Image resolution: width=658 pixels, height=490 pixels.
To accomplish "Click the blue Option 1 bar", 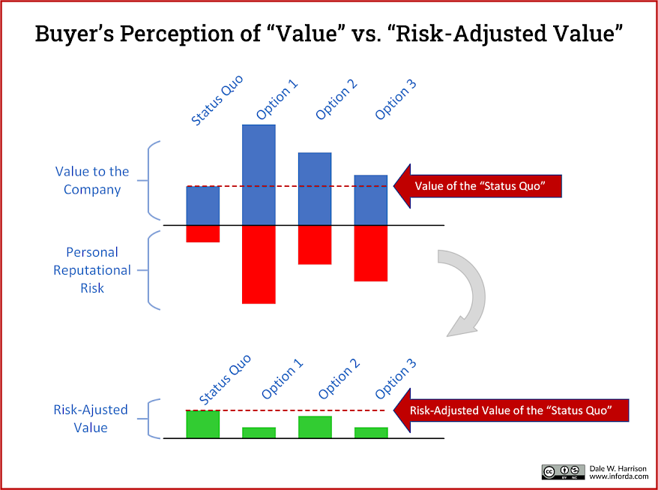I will click(259, 174).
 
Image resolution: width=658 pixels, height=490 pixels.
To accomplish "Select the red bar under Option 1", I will click(259, 264).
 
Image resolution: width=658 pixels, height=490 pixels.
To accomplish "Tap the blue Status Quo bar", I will click(203, 206).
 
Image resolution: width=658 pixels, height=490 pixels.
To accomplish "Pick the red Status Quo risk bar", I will click(203, 233).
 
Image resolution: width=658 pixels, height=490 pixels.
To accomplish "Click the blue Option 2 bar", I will click(315, 188).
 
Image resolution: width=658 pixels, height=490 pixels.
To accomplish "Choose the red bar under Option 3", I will click(371, 253).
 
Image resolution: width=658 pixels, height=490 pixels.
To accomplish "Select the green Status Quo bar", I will click(203, 424).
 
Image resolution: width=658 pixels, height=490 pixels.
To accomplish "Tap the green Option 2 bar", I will click(315, 427).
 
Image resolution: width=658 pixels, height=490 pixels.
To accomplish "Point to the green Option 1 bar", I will click(259, 432).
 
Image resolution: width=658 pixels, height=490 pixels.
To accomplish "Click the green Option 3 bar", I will click(371, 432).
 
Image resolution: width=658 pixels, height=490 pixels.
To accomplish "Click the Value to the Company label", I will click(92, 181).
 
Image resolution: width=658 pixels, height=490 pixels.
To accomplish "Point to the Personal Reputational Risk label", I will click(92, 270).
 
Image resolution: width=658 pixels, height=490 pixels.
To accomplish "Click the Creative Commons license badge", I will click(563, 471).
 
